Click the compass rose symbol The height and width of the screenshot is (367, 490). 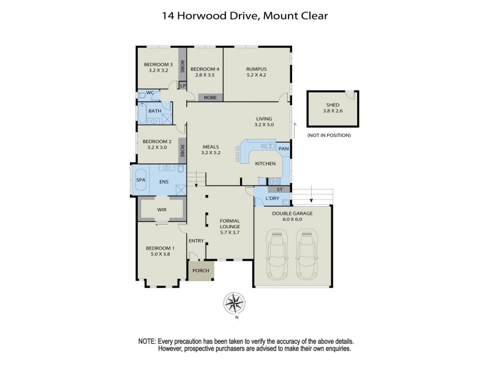pos(234,303)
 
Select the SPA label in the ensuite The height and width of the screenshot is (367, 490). pos(140,180)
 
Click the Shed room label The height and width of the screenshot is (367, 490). pos(332,105)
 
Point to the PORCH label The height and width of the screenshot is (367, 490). pos(200,270)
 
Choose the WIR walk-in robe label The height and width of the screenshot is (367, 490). pos(162,209)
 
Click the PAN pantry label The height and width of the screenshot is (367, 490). pos(283,149)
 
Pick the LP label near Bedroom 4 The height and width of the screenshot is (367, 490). pos(183,86)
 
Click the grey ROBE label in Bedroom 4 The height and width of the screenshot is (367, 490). pos(209,97)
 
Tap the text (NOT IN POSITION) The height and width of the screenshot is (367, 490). pos(329,135)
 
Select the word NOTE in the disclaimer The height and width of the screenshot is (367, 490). pos(148,341)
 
